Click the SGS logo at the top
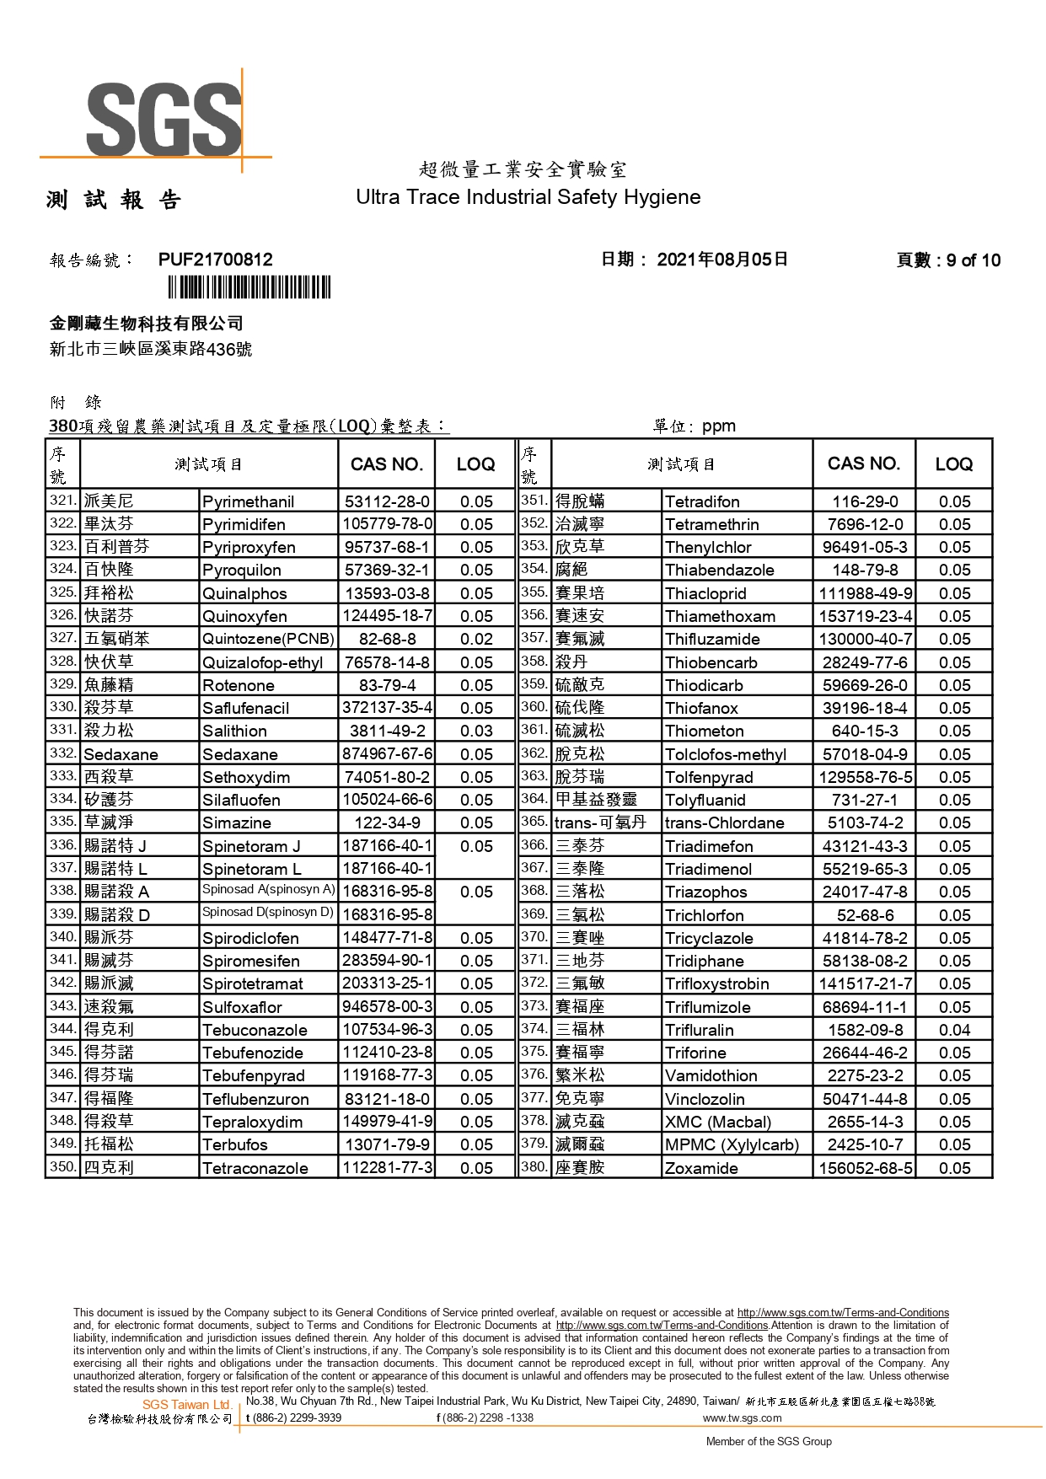coord(164,118)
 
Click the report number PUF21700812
coord(216,260)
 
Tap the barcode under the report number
coord(249,287)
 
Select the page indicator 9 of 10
coord(948,260)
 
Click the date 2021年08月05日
coord(722,260)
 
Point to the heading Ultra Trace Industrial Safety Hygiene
coord(528,197)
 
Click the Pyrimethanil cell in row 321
coord(248,502)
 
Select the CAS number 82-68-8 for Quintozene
coord(387,640)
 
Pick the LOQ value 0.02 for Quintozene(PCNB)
coord(476,640)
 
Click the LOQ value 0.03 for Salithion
coord(476,731)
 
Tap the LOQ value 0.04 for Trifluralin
coord(954,1030)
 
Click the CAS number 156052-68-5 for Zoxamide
coord(865,1168)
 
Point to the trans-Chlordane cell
coord(724,823)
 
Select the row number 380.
coord(534,1167)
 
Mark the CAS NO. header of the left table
coord(386,464)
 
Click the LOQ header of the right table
coord(953,464)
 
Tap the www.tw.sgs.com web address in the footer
coord(742,1417)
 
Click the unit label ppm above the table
coord(718,426)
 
